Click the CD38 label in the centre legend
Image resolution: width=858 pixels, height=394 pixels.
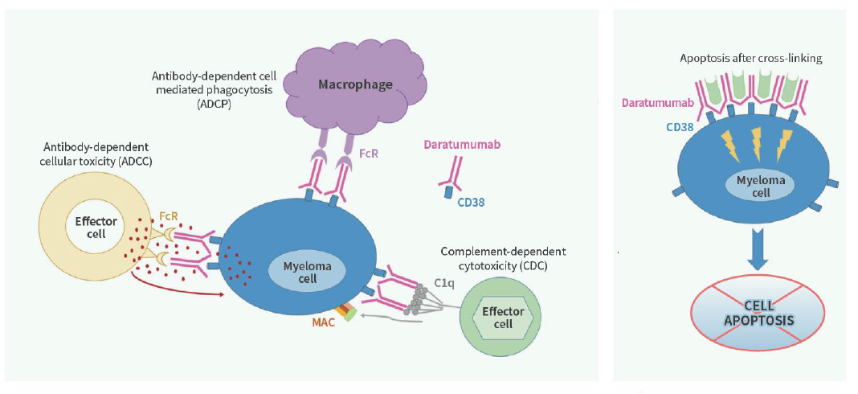[472, 203]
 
